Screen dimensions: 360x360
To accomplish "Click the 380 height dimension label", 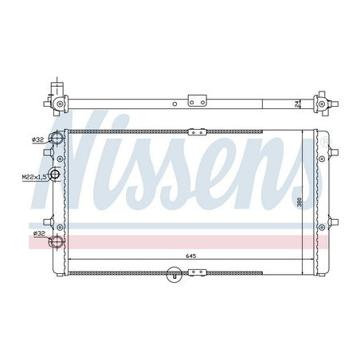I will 299,203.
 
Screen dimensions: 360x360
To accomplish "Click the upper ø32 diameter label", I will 37,140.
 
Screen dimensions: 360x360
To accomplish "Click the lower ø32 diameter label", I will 37,233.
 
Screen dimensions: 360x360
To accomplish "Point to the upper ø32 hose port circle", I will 56,140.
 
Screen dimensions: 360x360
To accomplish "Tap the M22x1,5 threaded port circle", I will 55,176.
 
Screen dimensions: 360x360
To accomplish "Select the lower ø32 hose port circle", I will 56,242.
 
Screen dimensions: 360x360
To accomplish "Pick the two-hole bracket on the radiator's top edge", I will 196,131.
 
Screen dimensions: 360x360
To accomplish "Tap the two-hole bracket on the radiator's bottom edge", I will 196,275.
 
